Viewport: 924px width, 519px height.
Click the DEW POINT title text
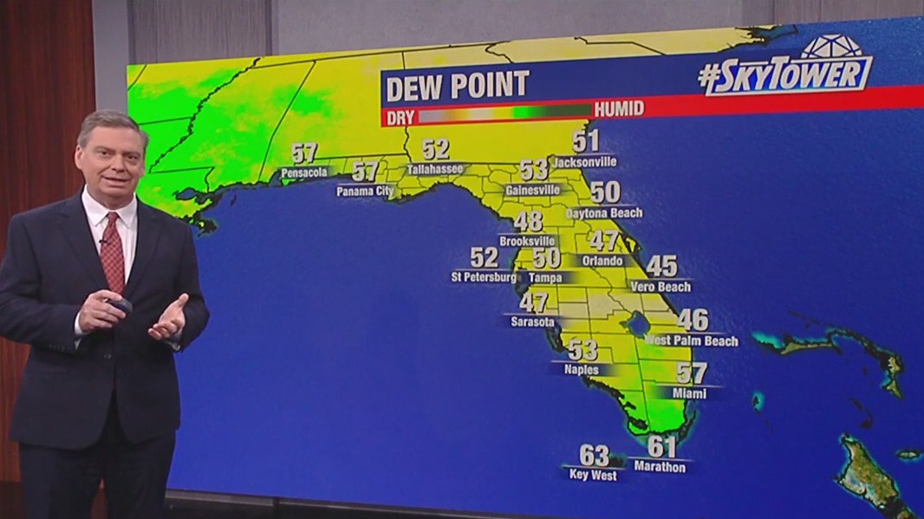[457, 86]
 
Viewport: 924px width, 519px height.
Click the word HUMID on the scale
[619, 109]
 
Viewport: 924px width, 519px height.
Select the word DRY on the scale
[400, 109]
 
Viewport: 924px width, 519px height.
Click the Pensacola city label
[304, 172]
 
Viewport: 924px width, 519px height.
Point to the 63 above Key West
[594, 455]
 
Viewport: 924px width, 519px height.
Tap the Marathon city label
[660, 467]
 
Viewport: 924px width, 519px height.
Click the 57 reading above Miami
[691, 373]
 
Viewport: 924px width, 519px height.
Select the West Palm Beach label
[692, 341]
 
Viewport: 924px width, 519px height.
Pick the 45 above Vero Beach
[662, 266]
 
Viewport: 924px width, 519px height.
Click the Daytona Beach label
[604, 212]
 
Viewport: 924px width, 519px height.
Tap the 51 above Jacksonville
[585, 140]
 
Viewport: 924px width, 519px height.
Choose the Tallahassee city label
[435, 169]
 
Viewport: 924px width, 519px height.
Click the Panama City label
[365, 191]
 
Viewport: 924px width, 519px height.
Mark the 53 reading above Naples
[582, 350]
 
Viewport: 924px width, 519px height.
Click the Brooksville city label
[527, 241]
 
